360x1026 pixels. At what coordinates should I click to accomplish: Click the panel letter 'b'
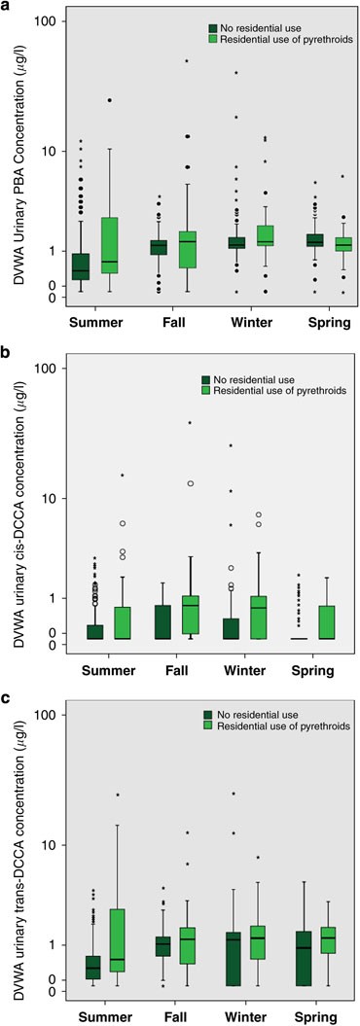pyautogui.click(x=7, y=351)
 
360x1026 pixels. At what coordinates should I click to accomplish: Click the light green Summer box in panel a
pyautogui.click(x=110, y=245)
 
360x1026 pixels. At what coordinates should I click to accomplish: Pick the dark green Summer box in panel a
pyautogui.click(x=81, y=265)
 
